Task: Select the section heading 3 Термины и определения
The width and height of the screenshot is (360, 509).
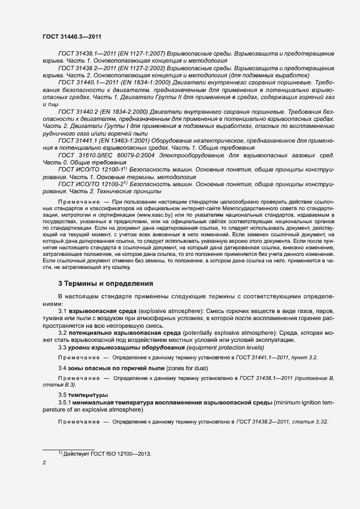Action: coord(106,284)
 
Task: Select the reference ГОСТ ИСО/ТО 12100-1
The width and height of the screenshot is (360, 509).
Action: coord(90,170)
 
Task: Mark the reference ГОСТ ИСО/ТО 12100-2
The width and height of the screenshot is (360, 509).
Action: coord(90,184)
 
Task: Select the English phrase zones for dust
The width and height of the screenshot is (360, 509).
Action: coord(175,368)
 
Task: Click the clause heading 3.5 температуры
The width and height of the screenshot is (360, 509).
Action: coord(83,394)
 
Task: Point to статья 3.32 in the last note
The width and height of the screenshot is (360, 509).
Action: coord(309,422)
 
